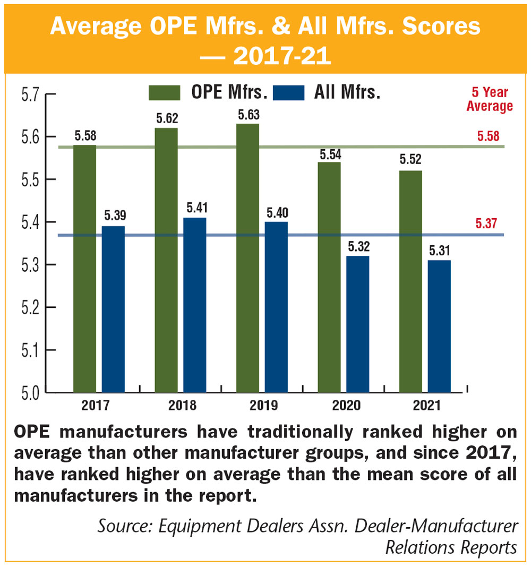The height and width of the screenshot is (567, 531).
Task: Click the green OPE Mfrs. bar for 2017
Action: pyautogui.click(x=84, y=269)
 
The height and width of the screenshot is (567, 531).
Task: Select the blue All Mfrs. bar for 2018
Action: pyautogui.click(x=195, y=305)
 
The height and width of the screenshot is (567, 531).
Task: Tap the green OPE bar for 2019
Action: pyautogui.click(x=248, y=258)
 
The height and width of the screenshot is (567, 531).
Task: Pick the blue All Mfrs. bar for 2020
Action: pyautogui.click(x=358, y=324)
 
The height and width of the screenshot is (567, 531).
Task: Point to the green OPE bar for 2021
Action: pyautogui.click(x=411, y=281)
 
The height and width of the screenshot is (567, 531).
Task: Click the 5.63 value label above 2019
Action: pyautogui.click(x=249, y=114)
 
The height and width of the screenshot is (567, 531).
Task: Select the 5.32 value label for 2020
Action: pyautogui.click(x=358, y=247)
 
